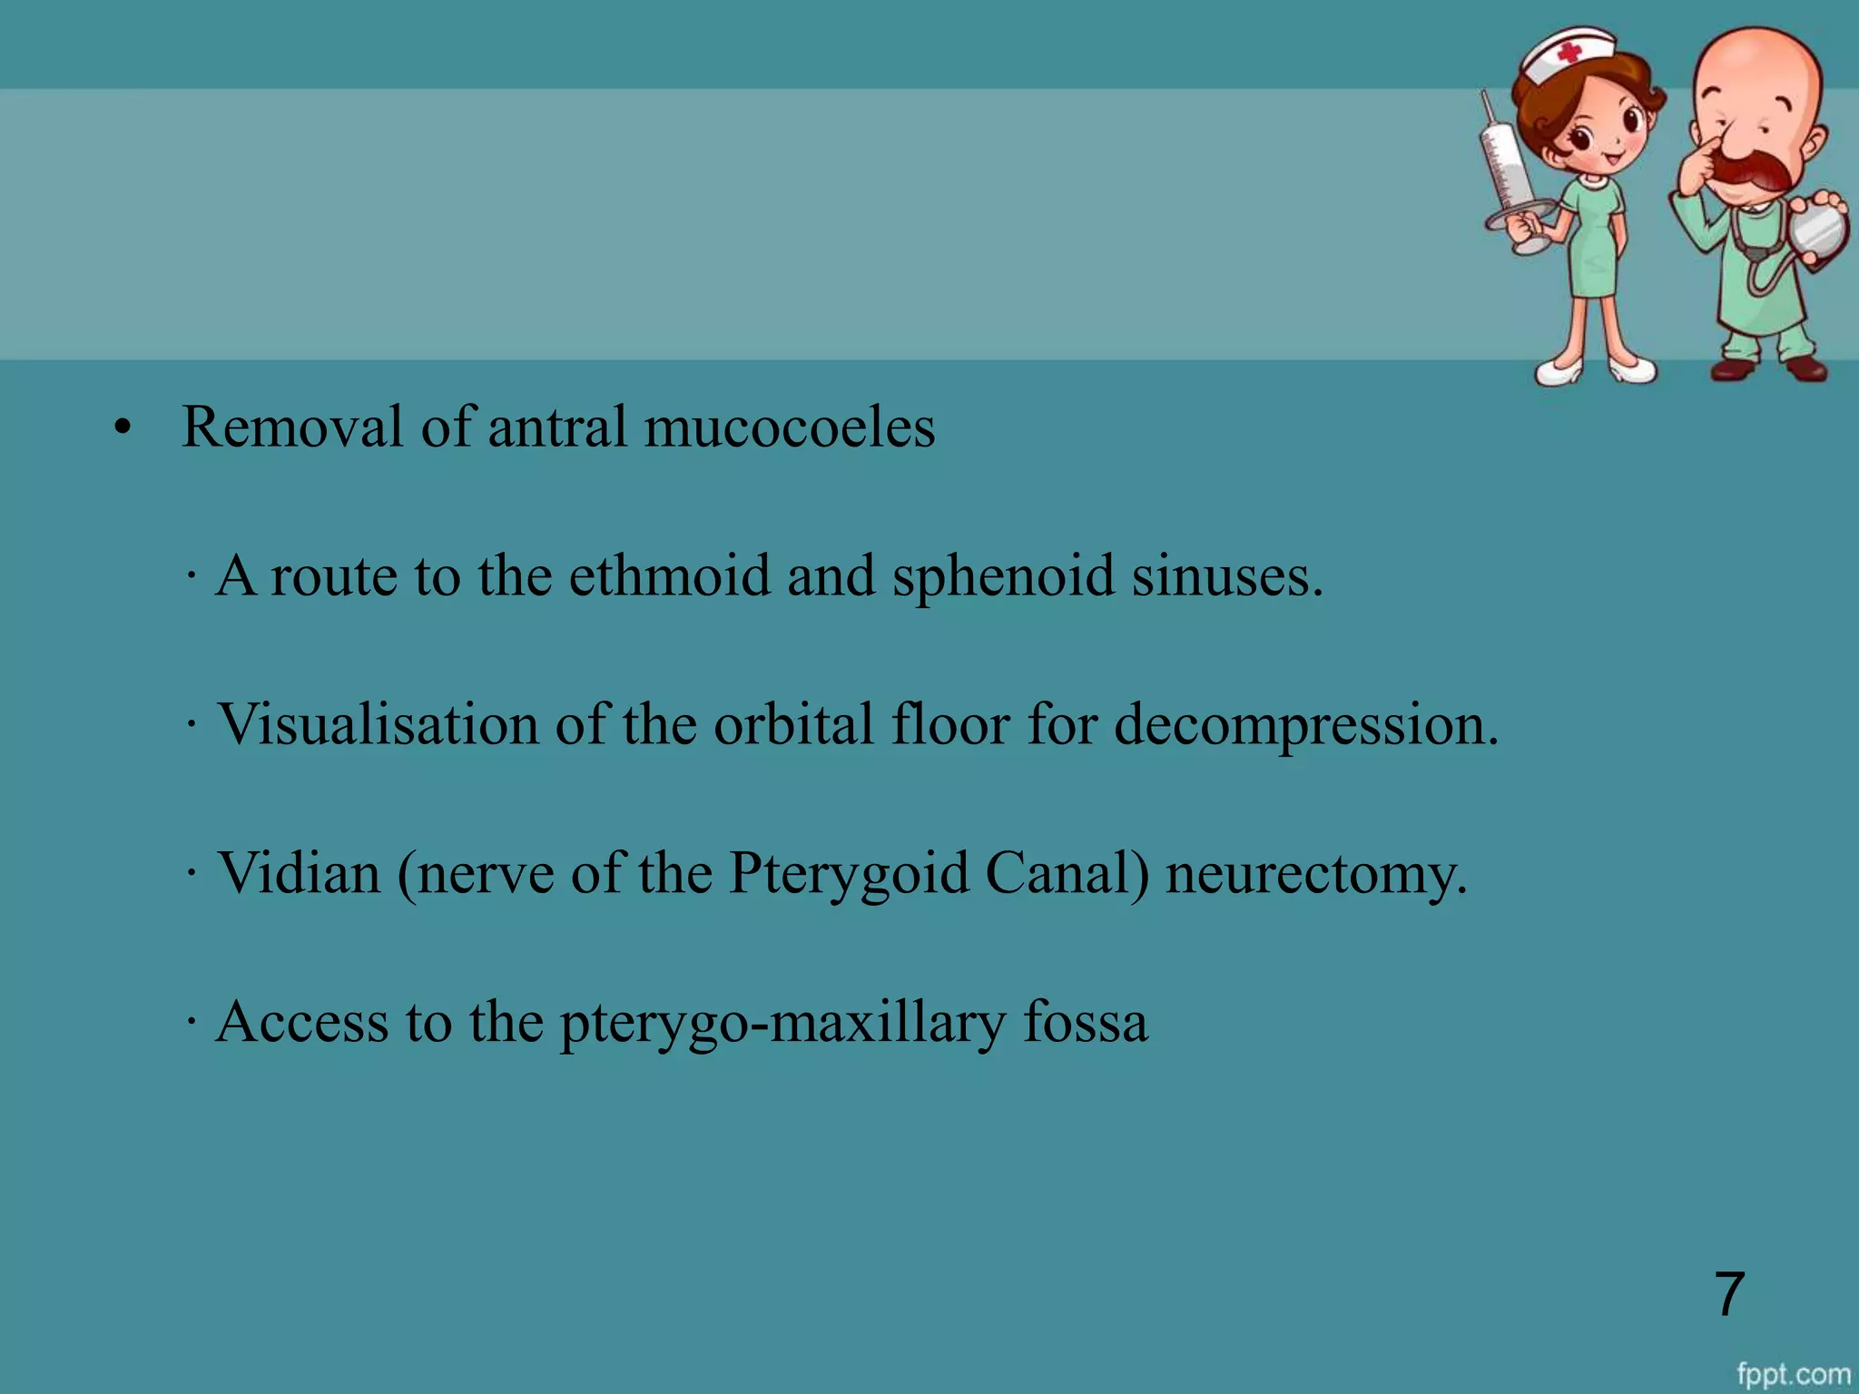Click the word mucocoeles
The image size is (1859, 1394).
click(789, 427)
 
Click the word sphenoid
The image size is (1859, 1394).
click(1002, 577)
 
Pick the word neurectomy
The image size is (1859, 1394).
click(1316, 875)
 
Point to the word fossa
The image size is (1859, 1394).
click(1086, 1022)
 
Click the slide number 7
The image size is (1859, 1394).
click(1729, 1293)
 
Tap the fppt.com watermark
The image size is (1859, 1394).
click(1794, 1374)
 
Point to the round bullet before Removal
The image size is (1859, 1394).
click(123, 428)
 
